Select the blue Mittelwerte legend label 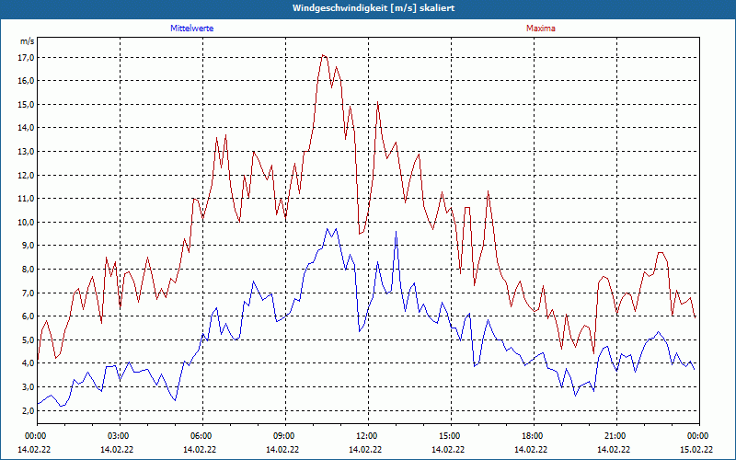[x=192, y=29]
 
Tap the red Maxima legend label [x=540, y=29]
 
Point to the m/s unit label [x=27, y=41]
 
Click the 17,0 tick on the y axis [x=26, y=57]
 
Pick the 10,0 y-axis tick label [x=26, y=222]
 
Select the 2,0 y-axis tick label [x=26, y=410]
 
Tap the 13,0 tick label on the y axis [x=26, y=151]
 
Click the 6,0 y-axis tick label [x=26, y=316]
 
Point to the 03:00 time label [x=119, y=435]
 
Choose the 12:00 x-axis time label [x=367, y=435]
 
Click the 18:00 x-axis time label [x=533, y=435]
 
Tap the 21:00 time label [x=615, y=435]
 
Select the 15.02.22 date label [x=696, y=450]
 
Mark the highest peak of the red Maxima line [x=323, y=55]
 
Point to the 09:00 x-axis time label [x=284, y=435]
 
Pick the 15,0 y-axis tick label [x=26, y=104]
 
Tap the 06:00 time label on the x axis [x=201, y=435]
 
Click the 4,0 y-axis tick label [x=26, y=363]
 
